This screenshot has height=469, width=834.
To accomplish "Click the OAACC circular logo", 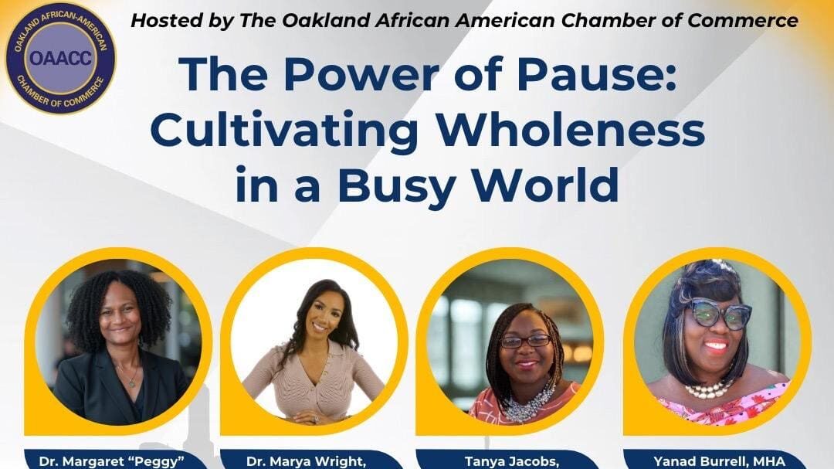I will pyautogui.click(x=59, y=59).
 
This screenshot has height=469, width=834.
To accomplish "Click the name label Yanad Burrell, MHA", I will pyautogui.click(x=719, y=461).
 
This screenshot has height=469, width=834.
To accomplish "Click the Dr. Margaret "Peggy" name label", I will pyautogui.click(x=116, y=461).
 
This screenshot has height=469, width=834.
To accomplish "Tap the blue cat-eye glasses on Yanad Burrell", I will pyautogui.click(x=720, y=314).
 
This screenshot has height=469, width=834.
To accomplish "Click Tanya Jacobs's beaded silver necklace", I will pyautogui.click(x=529, y=403).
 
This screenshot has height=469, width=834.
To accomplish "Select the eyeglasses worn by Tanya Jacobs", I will pyautogui.click(x=525, y=341).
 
